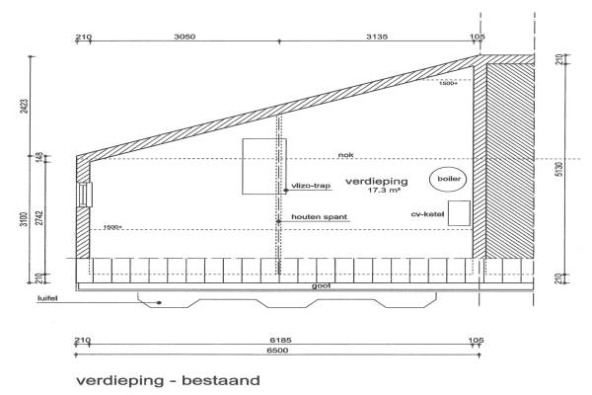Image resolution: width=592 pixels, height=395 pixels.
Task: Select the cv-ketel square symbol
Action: [458, 214]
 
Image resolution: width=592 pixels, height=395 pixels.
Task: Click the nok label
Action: [344, 154]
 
